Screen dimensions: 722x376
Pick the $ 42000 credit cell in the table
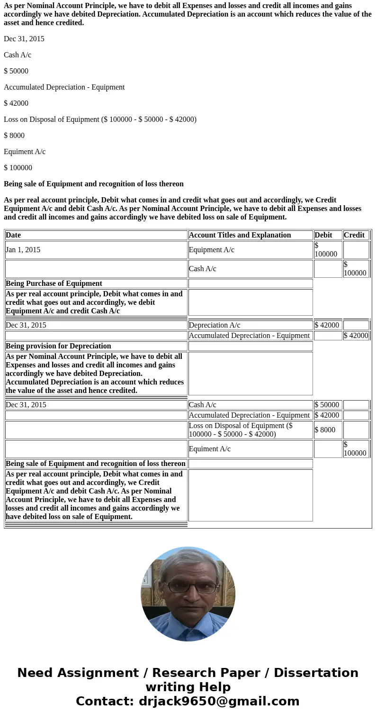click(x=356, y=336)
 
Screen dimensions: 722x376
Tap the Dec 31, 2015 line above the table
click(x=24, y=39)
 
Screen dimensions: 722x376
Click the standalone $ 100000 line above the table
click(x=18, y=168)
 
